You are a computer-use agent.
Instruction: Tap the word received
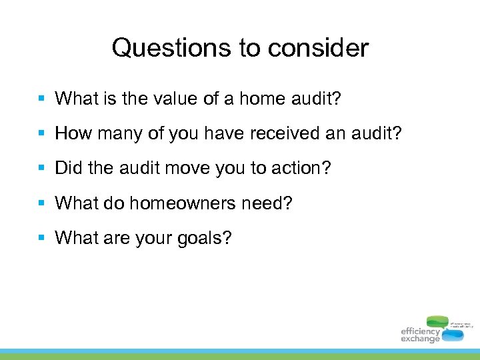point(285,133)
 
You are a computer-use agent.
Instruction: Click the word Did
point(68,168)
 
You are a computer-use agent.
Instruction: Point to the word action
point(303,168)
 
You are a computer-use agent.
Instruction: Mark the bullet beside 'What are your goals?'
point(41,237)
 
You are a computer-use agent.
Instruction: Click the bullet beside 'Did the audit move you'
point(41,168)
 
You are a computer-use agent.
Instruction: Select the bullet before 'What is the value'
point(41,99)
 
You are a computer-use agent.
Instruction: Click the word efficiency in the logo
point(420,331)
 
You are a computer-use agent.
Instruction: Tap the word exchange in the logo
point(420,339)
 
